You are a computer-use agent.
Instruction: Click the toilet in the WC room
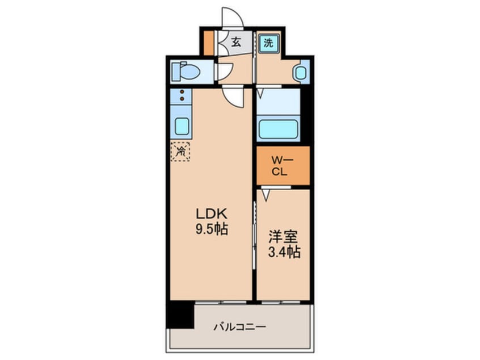188,72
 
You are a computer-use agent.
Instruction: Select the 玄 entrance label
235,42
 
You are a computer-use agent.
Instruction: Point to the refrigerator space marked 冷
181,151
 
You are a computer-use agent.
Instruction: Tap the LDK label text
212,214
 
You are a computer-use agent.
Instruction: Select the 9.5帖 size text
212,231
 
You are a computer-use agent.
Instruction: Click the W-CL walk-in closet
282,165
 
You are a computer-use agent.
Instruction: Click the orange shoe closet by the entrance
209,43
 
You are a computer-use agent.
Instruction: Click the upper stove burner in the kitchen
182,91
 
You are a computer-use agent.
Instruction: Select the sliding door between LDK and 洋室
253,227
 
